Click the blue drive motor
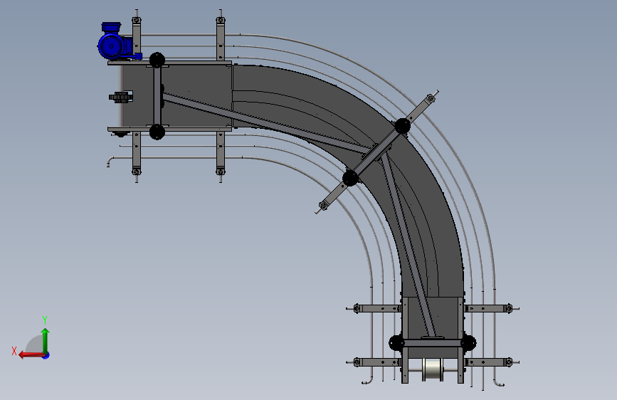(115, 42)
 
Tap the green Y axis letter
(45, 320)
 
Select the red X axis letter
(14, 351)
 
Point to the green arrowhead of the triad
(46, 332)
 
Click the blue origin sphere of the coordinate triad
(46, 355)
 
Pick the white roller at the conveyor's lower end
(433, 370)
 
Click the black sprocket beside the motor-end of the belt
(120, 97)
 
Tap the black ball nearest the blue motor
(157, 60)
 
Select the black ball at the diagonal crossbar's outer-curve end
(402, 126)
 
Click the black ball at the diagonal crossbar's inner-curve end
(350, 178)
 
